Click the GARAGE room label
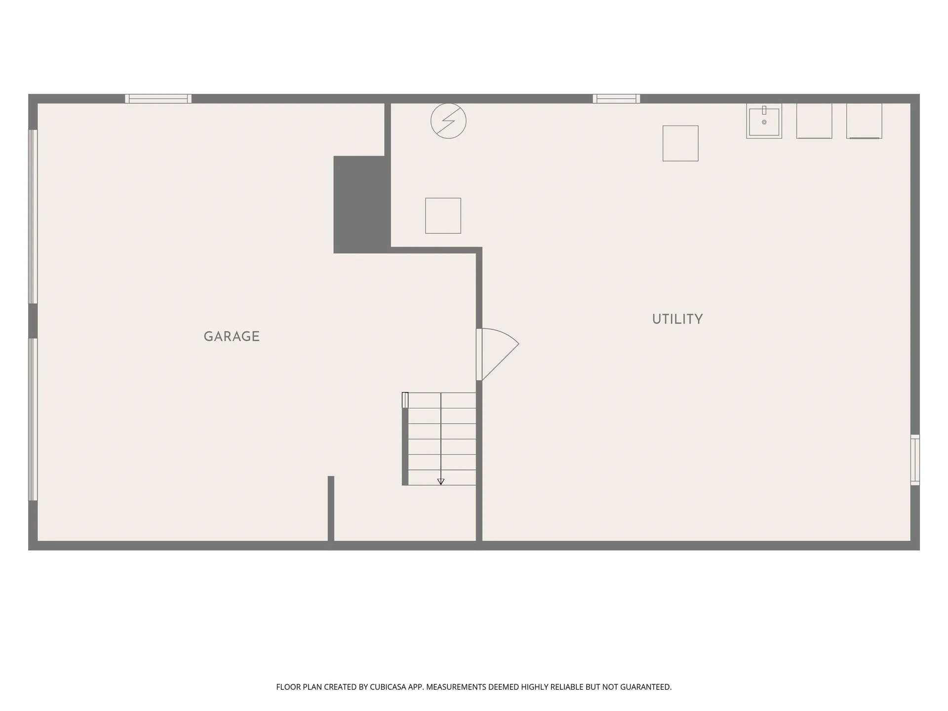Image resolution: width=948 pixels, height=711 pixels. point(232,336)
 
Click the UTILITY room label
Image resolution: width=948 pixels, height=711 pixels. point(677,319)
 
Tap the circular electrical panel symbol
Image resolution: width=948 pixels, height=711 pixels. point(448,121)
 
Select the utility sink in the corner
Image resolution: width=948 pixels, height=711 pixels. point(764,121)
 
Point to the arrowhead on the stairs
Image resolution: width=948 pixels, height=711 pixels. point(441,481)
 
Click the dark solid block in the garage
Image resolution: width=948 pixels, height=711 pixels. point(362,204)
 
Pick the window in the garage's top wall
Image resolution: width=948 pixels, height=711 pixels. point(158,99)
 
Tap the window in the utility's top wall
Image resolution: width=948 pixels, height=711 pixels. point(616,99)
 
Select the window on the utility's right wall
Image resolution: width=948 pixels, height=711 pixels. point(915,460)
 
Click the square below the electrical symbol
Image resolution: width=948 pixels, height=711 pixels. point(443,216)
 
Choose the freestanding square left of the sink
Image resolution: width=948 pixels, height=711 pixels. point(680,143)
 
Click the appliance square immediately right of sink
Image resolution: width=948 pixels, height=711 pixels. point(814,121)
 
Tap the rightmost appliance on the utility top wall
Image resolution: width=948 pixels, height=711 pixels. point(864,121)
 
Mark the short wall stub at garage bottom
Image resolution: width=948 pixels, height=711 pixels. point(331,509)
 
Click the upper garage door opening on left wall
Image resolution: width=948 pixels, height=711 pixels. point(33,216)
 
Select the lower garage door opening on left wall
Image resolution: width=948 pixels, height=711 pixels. point(33,419)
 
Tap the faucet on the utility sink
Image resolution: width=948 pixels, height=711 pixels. point(764,110)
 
